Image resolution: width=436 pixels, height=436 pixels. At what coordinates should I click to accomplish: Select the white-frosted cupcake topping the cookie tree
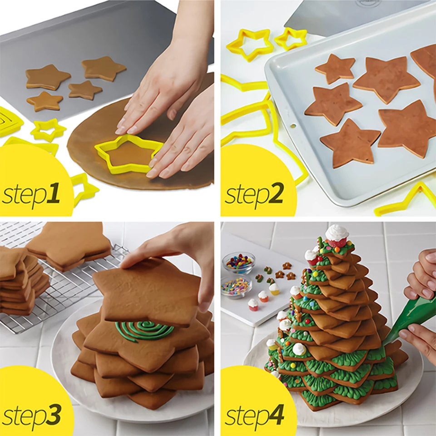[337, 235]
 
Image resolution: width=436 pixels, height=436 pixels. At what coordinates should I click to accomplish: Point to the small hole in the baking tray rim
[293, 125]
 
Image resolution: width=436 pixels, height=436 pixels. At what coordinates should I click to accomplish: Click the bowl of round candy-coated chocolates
[238, 263]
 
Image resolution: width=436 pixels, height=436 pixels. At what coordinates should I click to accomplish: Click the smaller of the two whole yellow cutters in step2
[291, 39]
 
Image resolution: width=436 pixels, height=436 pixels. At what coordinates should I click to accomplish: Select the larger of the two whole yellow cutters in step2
[250, 44]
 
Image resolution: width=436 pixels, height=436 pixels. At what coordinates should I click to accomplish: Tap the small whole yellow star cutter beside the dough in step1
[48, 130]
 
